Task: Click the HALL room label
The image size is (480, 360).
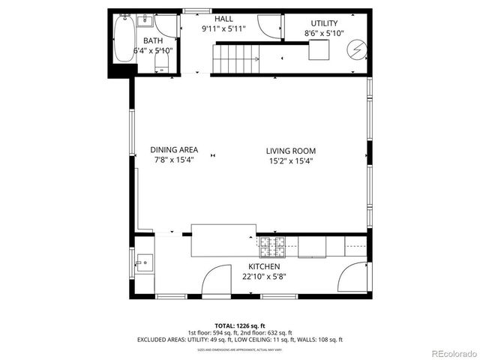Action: point(223,18)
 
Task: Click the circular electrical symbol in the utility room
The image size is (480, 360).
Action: point(355,50)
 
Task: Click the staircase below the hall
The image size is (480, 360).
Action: point(236,58)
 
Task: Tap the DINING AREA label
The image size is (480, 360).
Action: point(174,150)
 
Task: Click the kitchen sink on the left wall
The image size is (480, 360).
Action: point(144,262)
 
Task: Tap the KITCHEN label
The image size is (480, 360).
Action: point(264,266)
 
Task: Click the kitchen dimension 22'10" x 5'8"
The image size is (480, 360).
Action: point(264,276)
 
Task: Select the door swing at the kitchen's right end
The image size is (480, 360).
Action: point(354,279)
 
